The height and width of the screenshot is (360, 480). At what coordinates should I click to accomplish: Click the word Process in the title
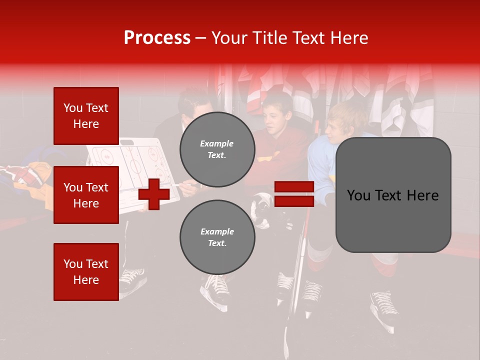click(157, 38)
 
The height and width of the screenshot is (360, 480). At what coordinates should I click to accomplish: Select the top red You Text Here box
click(86, 116)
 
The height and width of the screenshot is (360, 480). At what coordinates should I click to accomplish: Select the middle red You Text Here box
click(86, 195)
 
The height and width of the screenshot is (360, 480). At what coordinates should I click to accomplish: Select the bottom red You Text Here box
click(86, 271)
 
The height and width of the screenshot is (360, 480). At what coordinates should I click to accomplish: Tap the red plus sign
click(153, 194)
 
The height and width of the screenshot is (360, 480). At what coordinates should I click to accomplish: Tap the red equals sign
click(294, 194)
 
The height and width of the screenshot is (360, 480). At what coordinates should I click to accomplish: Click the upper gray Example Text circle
click(217, 149)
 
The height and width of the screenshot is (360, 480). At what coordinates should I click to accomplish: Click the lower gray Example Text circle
click(217, 237)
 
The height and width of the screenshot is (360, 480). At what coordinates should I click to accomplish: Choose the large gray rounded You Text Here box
click(393, 194)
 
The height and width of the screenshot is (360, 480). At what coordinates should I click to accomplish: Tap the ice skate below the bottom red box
click(132, 280)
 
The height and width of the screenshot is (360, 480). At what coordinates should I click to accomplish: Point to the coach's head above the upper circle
click(195, 105)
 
